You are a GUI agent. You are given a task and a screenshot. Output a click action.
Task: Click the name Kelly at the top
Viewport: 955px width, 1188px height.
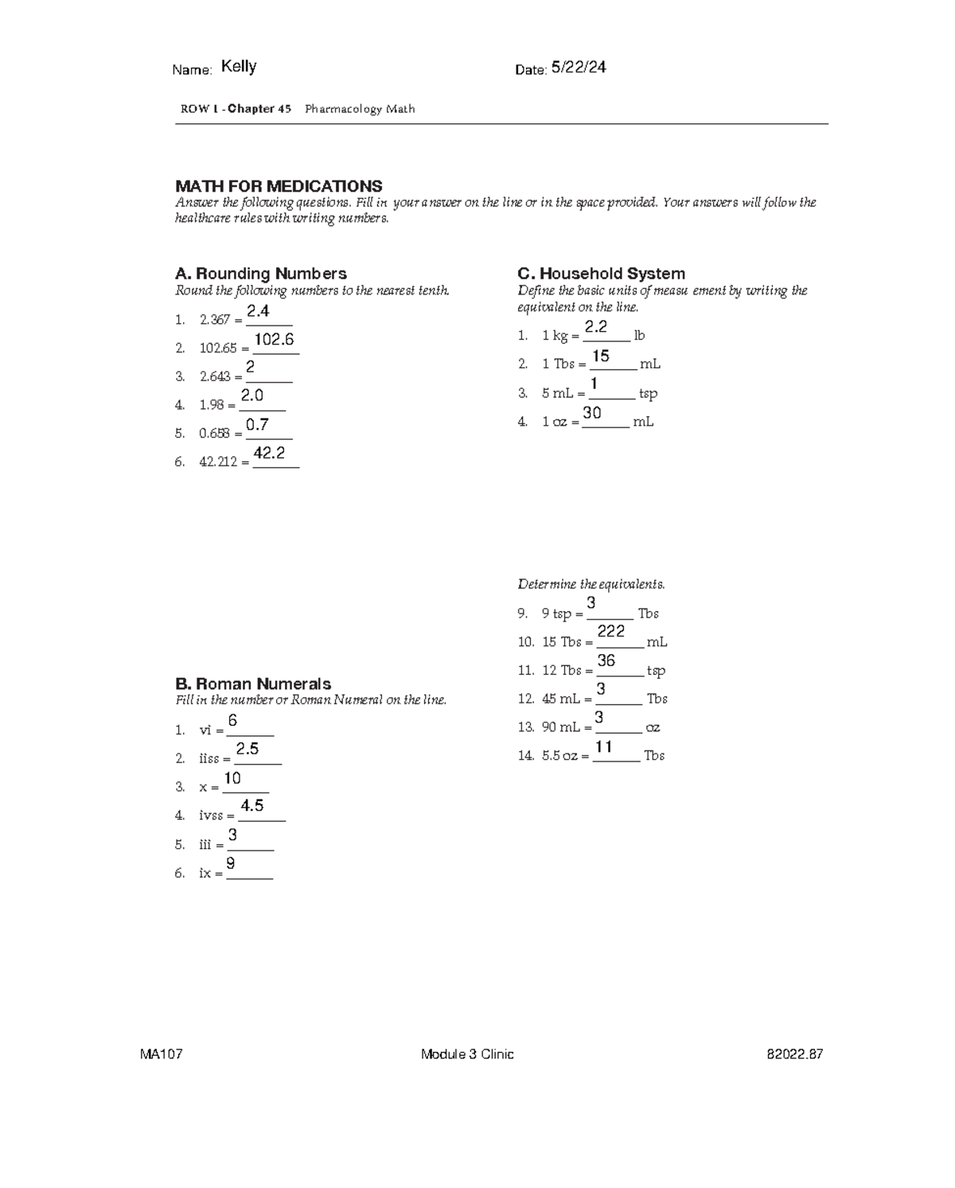(238, 67)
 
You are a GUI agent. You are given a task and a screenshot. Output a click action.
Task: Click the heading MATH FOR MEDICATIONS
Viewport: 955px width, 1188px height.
(279, 186)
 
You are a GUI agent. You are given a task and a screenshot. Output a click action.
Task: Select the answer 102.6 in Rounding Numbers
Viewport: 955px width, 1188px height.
(275, 340)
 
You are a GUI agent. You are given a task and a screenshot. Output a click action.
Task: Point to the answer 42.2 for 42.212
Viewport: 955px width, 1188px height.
(269, 453)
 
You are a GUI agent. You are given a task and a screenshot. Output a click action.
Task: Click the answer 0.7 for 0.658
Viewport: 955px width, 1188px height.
(257, 425)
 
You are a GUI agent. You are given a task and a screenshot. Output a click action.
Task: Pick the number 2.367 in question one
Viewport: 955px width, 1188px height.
(215, 320)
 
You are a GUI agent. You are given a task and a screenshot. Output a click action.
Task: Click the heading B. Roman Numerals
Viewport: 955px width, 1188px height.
(252, 684)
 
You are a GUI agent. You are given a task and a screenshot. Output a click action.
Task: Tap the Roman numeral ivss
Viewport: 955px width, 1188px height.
(211, 816)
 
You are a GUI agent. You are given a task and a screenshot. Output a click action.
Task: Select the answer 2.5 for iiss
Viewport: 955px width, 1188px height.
(248, 749)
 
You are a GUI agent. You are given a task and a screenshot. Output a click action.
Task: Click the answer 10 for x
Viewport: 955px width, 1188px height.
(232, 778)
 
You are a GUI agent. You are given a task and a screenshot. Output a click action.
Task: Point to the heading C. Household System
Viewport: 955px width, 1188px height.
(601, 274)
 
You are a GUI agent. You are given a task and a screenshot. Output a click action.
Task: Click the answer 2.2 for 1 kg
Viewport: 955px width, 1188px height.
(595, 327)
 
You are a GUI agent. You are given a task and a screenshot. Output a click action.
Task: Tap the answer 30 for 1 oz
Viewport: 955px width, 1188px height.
(591, 413)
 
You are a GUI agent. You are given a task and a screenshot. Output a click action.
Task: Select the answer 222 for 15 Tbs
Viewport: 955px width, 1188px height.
(610, 632)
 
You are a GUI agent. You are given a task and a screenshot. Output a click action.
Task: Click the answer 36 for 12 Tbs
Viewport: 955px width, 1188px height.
(606, 660)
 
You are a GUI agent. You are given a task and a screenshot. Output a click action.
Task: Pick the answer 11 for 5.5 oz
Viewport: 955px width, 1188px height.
(603, 746)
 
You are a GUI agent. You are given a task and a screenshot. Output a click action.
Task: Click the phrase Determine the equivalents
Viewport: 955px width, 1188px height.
(591, 584)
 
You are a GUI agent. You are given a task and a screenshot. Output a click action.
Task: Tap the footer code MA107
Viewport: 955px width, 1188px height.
(162, 1054)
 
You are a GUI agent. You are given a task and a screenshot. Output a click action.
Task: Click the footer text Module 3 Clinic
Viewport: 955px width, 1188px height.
(467, 1054)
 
